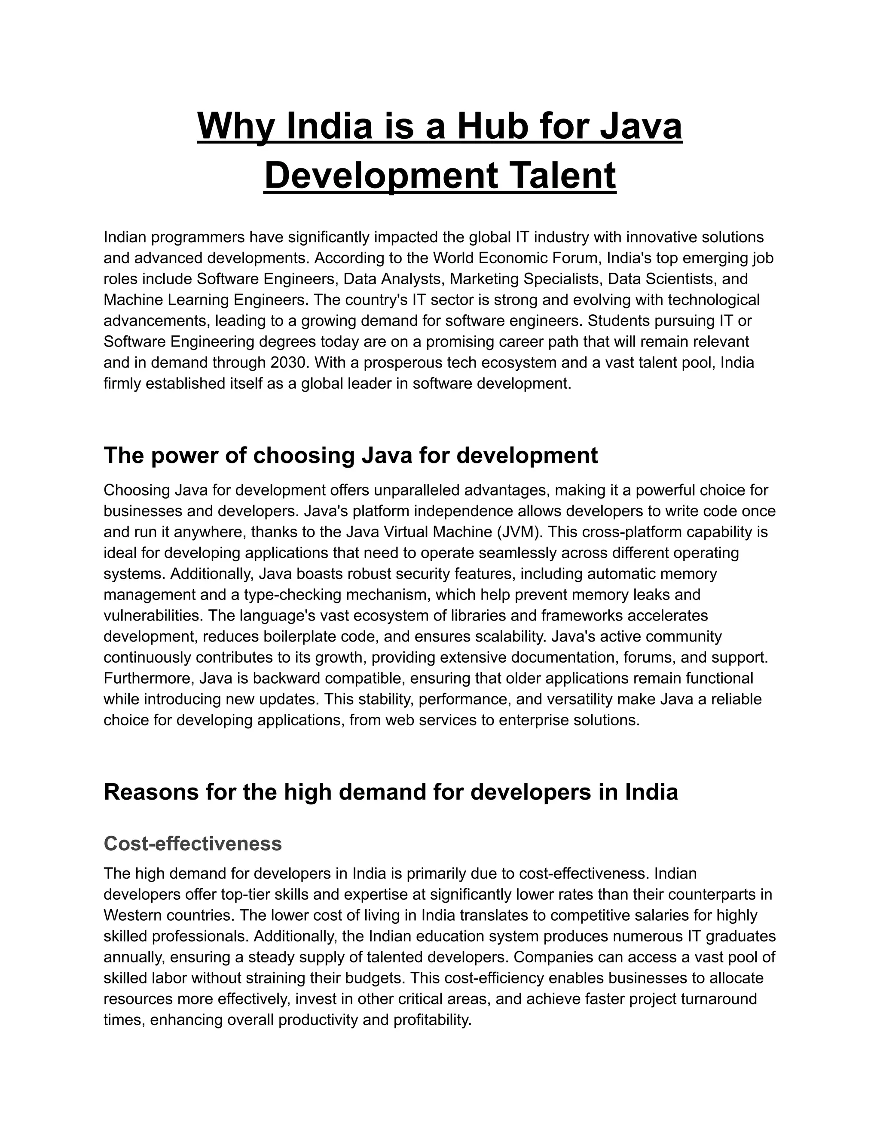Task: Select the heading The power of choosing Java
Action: (350, 455)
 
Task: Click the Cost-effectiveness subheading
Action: (192, 843)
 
